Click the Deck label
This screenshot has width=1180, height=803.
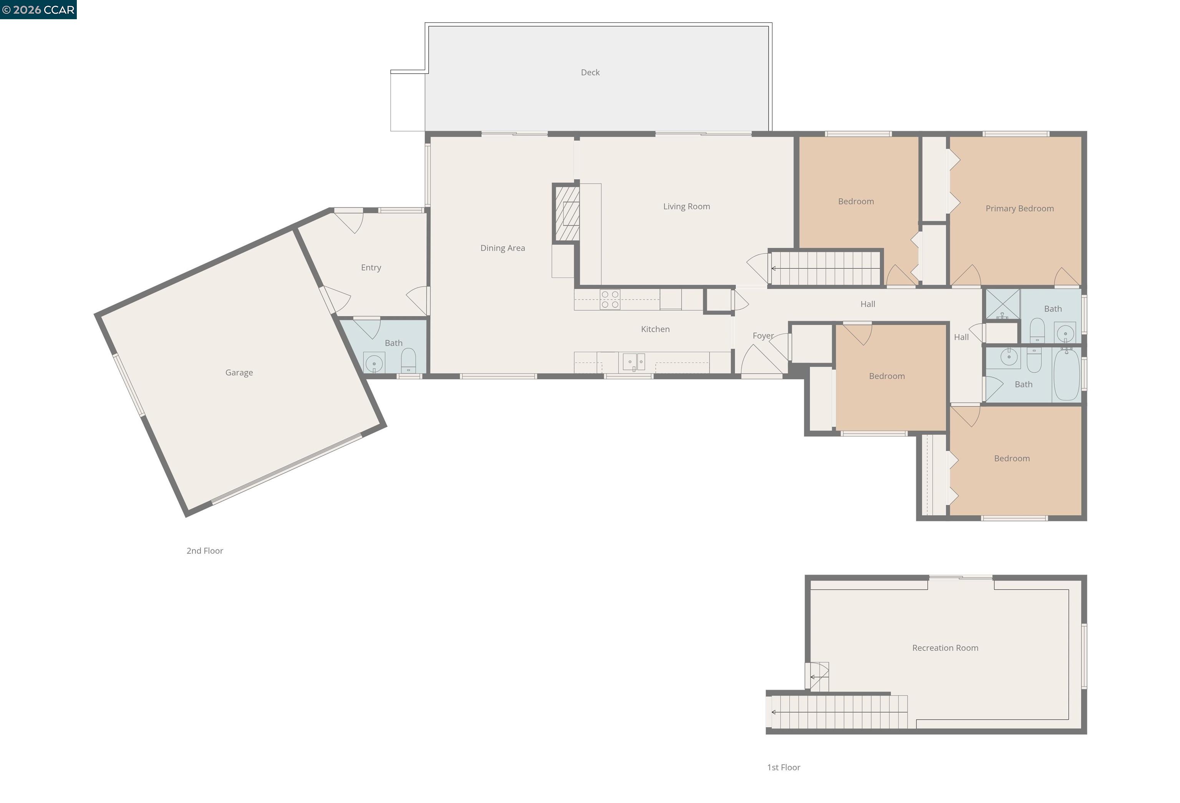coord(590,73)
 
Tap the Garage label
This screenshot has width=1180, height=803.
coord(239,373)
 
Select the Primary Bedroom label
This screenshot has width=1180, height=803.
coord(1019,209)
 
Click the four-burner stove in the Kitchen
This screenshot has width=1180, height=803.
coord(610,300)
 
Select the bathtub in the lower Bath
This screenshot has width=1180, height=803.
coord(1066,375)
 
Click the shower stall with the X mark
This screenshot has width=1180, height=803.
coord(1002,304)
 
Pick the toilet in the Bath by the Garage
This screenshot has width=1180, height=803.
coord(408,361)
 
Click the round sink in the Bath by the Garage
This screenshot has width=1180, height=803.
coord(374,363)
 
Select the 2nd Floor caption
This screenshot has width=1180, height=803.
coord(205,551)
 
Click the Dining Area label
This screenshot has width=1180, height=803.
coord(502,248)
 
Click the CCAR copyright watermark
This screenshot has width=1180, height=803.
coord(38,10)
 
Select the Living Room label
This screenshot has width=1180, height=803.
coord(686,207)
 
